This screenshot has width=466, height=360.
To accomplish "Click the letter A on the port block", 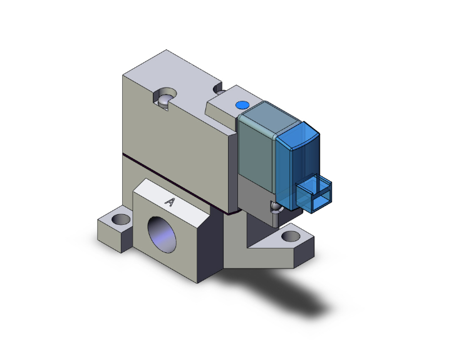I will (x=169, y=202).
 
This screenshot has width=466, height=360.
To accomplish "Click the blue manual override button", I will (x=241, y=105).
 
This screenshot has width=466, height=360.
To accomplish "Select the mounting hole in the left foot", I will (x=120, y=220).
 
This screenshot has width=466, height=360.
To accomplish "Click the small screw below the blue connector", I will (x=274, y=207).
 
